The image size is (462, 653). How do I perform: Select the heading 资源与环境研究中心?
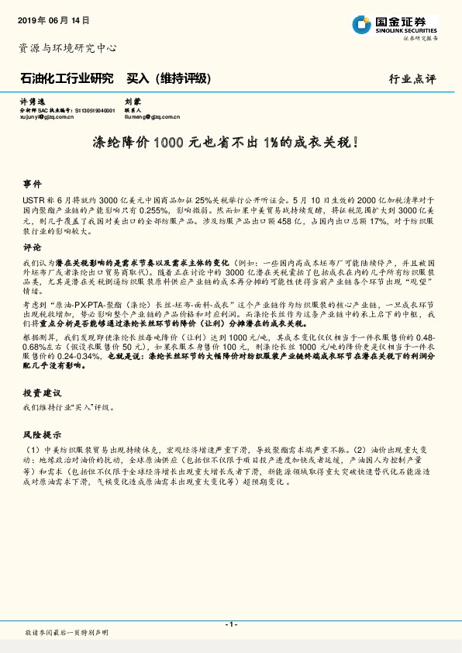tap(67, 48)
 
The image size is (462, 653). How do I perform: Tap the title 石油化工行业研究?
tap(66, 78)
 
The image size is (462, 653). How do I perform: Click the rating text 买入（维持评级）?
tap(168, 78)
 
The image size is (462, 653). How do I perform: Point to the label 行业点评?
tap(412, 79)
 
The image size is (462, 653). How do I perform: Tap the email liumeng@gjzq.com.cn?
tap(152, 118)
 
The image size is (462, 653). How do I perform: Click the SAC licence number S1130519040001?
tap(96, 110)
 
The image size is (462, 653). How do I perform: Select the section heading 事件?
tap(32, 185)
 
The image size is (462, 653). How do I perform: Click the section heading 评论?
tap(32, 248)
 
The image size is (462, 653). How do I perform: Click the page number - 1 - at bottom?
tap(230, 624)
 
